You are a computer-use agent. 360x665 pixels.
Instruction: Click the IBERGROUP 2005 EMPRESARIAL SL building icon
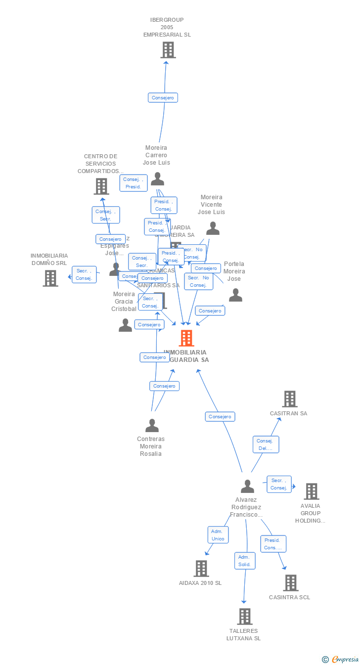pos(168,50)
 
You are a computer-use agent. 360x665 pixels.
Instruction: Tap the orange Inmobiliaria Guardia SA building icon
pos(186,338)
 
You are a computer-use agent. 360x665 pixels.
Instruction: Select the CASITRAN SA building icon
pos(289,399)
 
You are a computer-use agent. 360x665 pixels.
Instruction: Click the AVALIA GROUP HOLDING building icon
pos(312,491)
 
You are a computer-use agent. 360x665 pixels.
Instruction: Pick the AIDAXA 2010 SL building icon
pos(201,569)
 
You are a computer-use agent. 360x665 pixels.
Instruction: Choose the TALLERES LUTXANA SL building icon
pos(244,617)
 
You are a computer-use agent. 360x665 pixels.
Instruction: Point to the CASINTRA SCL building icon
pos(290,583)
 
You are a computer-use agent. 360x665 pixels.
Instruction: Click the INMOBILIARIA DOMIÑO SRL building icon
pos(50,278)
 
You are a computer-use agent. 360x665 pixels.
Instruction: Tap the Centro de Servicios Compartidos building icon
pos(101,186)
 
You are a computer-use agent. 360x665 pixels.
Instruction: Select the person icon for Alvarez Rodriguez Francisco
pos(247,487)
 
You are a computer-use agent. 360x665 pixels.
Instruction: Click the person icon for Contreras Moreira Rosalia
pos(152,426)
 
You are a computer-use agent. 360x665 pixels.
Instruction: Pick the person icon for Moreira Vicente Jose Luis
pos(213,228)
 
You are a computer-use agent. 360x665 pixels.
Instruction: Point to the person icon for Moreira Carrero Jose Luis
pos(157,179)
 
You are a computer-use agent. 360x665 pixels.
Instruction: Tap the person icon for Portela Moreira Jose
pos(235,295)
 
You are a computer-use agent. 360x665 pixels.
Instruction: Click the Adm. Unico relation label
pos(218,535)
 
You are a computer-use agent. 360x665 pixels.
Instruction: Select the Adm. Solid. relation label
pos(245,561)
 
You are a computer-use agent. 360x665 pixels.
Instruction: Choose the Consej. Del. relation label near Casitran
pos(266,444)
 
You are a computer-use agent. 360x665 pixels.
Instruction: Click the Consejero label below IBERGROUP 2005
pos(163,98)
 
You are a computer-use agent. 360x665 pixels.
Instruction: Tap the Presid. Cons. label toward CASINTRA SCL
pos(273,544)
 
